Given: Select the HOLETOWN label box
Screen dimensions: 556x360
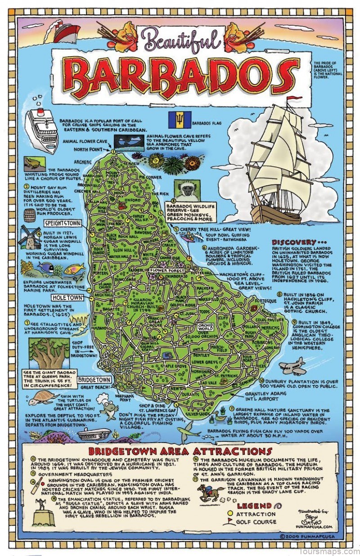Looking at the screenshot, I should pos(67,298).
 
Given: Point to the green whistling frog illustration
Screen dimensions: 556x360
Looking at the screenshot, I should pos(34,162).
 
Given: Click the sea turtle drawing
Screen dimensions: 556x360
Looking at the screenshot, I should pos(40,398).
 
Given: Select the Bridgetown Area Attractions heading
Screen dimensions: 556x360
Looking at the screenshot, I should pos(180,451).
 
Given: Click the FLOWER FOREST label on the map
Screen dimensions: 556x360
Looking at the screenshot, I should pos(164,271).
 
